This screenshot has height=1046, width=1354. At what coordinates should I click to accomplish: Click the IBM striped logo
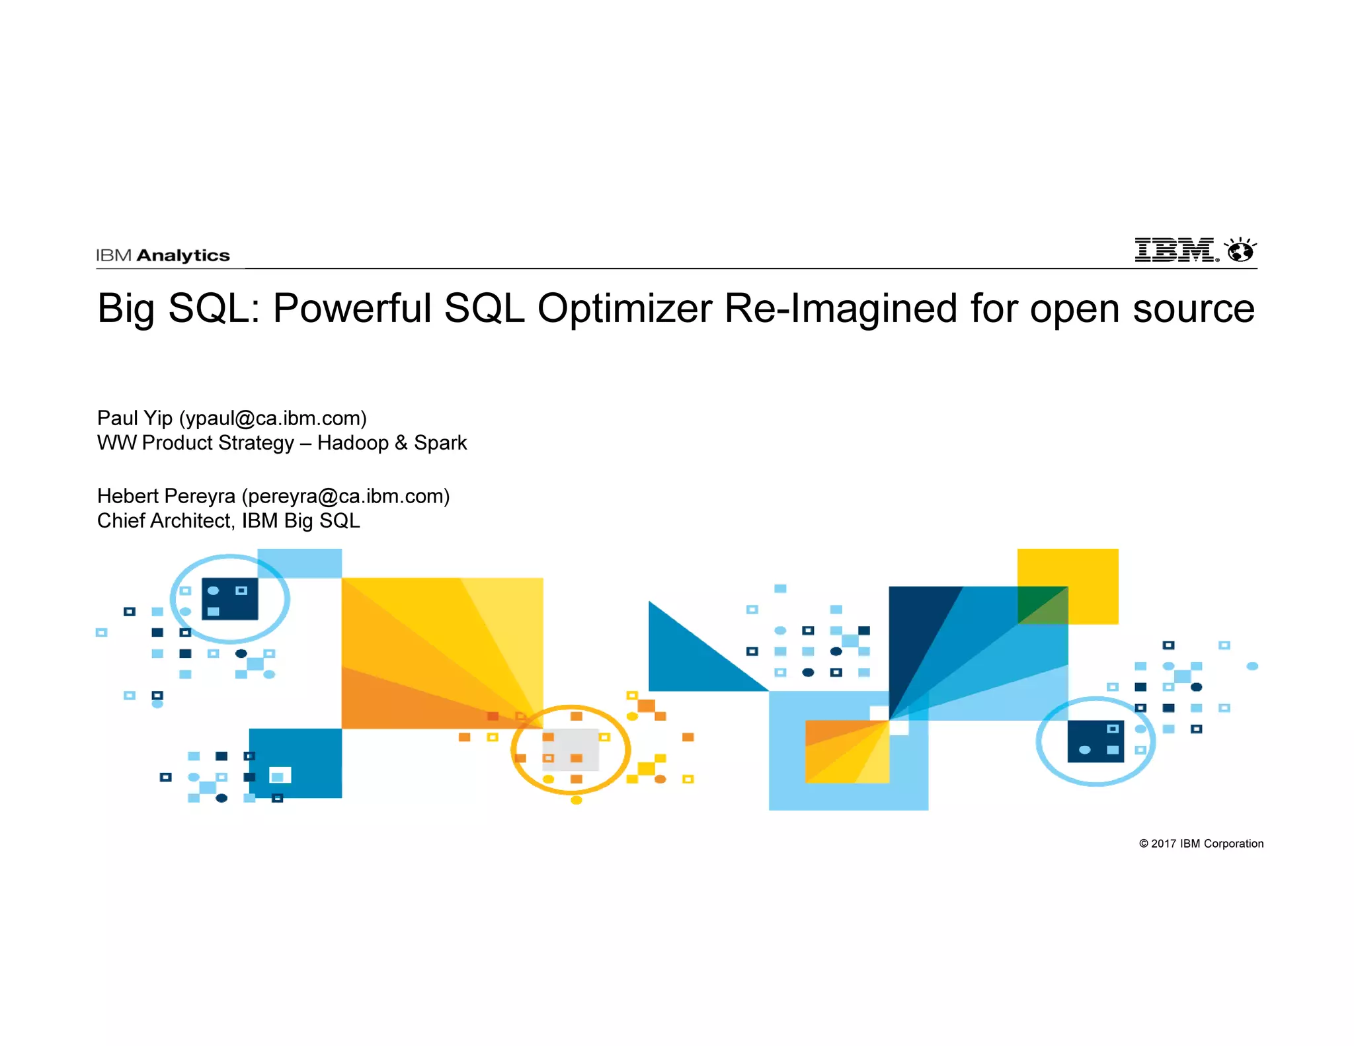tap(1175, 250)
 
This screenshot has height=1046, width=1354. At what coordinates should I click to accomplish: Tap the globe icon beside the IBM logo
tap(1240, 251)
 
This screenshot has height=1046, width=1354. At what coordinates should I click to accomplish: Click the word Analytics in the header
tap(183, 256)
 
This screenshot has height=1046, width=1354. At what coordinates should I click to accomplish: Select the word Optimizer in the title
tap(625, 309)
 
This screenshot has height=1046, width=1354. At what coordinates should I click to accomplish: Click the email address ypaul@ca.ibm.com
tap(273, 419)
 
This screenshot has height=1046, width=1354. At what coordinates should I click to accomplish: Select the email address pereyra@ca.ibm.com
tap(346, 497)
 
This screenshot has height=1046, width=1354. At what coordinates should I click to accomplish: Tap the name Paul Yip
tap(135, 419)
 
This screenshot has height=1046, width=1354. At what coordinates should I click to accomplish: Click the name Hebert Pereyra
tap(166, 497)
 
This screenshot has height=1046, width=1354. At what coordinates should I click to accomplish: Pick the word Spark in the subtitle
tap(440, 443)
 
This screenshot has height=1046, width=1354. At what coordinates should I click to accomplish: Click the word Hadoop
tap(353, 443)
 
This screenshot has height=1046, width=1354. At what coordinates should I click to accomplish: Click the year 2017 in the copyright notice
tap(1164, 844)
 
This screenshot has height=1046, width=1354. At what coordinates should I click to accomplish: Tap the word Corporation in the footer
tap(1234, 844)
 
